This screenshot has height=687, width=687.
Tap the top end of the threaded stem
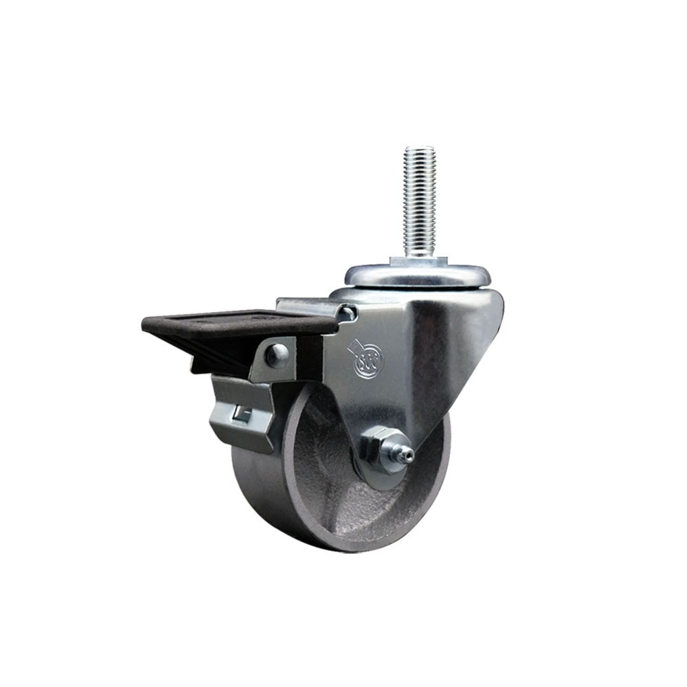[420, 149]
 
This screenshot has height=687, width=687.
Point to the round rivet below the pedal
[277, 354]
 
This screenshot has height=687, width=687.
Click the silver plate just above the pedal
[306, 306]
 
